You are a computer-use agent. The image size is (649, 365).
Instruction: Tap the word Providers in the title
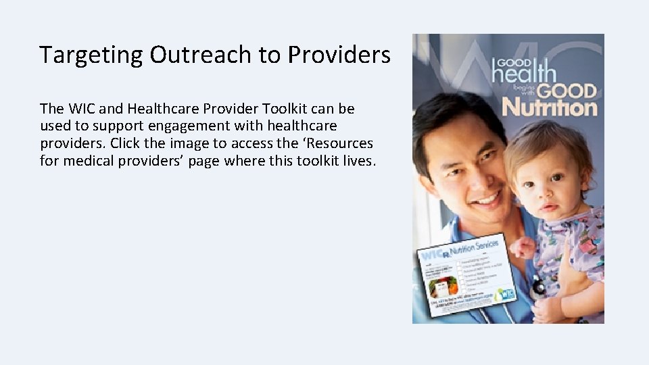tap(339, 55)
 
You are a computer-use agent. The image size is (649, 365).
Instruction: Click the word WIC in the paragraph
tap(78, 109)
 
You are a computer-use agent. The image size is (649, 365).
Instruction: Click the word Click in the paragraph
tap(128, 143)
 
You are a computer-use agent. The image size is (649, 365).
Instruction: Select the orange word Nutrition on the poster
tap(549, 107)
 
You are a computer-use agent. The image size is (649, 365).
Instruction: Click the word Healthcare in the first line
tap(164, 109)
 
